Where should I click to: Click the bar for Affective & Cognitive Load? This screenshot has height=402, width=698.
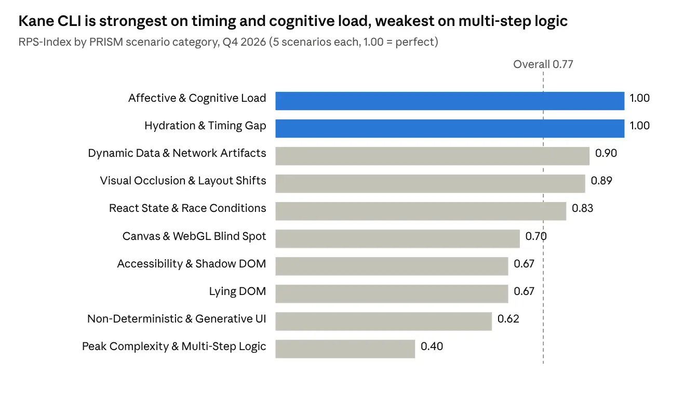(450, 101)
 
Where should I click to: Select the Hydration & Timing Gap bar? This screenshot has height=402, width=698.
(450, 128)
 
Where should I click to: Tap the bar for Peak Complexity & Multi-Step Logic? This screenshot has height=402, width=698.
(345, 349)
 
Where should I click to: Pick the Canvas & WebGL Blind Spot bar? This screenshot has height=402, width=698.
(398, 239)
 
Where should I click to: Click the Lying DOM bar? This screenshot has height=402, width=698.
(392, 294)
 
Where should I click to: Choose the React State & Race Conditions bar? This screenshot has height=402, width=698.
(421, 211)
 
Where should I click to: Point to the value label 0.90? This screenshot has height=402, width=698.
(606, 153)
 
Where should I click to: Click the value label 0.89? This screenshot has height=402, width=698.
(601, 181)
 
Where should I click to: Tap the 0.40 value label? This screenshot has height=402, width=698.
(432, 346)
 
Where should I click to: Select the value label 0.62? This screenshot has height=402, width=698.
(508, 319)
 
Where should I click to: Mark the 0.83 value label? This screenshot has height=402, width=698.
(582, 208)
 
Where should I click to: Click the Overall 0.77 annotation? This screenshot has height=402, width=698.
(543, 64)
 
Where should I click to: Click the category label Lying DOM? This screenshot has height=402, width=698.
(237, 291)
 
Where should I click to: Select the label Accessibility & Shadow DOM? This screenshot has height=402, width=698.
(192, 264)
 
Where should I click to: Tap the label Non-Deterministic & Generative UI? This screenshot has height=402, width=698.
(177, 319)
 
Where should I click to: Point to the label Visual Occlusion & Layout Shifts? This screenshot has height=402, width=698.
(183, 181)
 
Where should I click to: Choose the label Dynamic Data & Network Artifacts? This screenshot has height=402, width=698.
(177, 153)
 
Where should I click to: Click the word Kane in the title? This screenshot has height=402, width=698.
(36, 21)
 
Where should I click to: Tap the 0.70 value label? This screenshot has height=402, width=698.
(536, 236)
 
